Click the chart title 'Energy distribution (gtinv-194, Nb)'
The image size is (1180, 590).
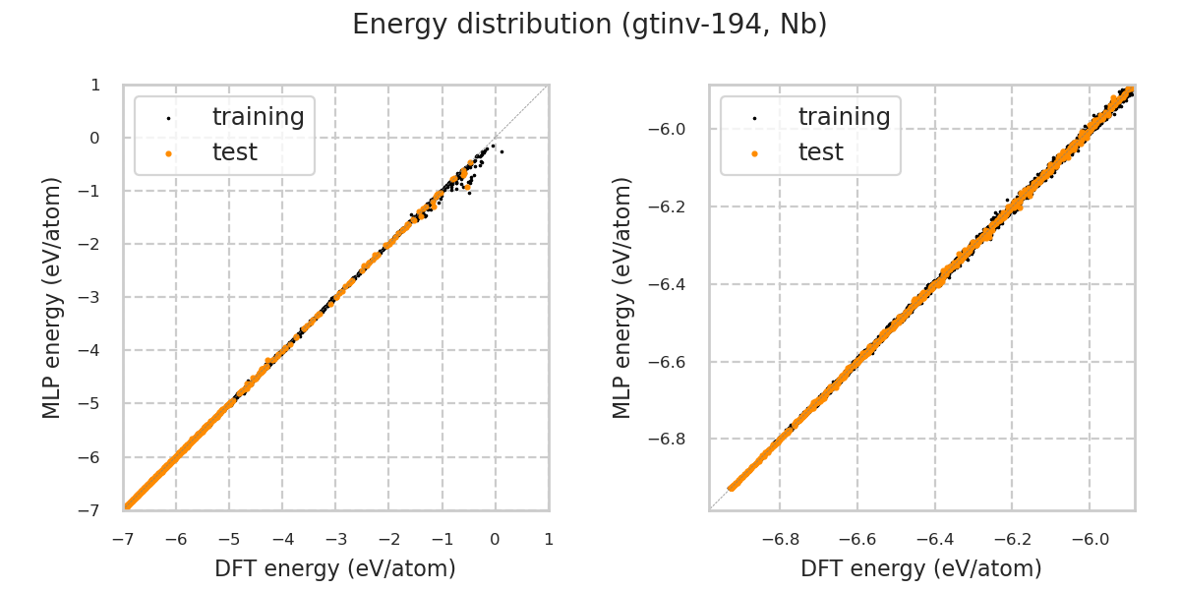590,25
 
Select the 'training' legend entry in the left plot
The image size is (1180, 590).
258,117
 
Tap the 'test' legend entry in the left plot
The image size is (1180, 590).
234,152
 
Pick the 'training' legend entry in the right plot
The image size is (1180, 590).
844,117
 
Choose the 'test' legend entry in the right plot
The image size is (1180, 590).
820,152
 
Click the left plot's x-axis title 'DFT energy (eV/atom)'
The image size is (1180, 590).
335,568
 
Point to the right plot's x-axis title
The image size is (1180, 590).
921,568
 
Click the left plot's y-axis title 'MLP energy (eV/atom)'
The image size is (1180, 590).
52,297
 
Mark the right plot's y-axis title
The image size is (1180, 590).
622,297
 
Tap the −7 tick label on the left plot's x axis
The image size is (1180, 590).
123,539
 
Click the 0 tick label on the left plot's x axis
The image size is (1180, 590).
495,539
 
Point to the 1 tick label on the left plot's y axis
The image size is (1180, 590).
95,85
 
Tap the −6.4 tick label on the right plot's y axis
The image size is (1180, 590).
673,284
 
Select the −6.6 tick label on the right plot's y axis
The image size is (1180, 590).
673,362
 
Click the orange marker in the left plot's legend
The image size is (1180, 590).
168,153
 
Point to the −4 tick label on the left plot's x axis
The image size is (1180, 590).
282,539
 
